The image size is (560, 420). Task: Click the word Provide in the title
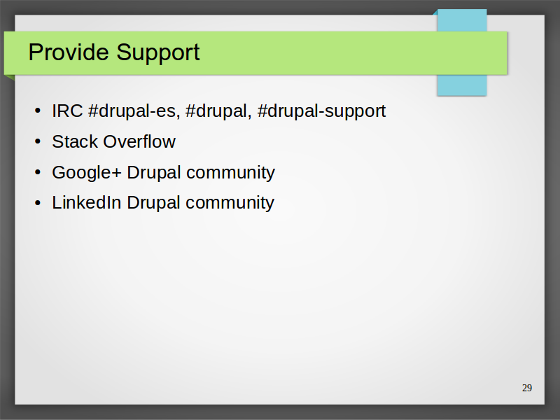click(69, 52)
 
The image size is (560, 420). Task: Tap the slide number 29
click(527, 388)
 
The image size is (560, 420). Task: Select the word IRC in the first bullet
click(67, 111)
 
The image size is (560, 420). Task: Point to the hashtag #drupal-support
click(321, 111)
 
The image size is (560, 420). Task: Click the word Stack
click(75, 141)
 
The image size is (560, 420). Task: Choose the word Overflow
click(139, 141)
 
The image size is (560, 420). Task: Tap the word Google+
click(87, 173)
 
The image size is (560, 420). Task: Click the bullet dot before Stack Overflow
click(38, 142)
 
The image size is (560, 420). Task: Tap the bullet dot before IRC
click(38, 111)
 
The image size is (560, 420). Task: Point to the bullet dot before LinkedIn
click(38, 203)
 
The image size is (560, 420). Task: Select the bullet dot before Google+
click(38, 172)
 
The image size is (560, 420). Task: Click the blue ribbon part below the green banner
click(462, 85)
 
